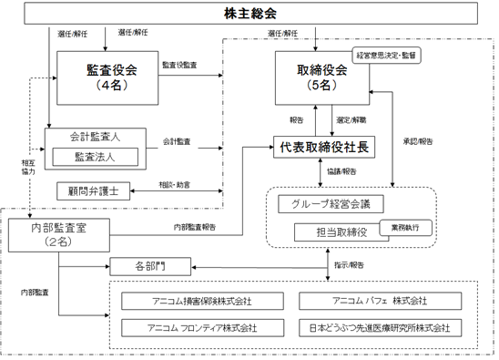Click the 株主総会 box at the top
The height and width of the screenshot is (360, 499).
(250, 14)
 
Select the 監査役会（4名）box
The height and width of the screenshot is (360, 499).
(107, 77)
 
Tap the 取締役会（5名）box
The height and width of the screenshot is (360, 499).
(322, 77)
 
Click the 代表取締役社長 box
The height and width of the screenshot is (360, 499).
(324, 147)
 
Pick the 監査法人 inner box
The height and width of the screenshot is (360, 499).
(95, 157)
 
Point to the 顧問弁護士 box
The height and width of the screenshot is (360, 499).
(93, 191)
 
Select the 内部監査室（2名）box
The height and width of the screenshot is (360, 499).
(59, 235)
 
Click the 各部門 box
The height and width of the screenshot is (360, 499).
(150, 266)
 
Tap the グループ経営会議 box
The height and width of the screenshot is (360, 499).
(331, 204)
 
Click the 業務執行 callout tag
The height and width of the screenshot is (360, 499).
(406, 228)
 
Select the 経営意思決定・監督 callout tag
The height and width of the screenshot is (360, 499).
(386, 56)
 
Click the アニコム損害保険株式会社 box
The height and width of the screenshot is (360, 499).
(202, 301)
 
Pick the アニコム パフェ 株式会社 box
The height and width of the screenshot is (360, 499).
(380, 301)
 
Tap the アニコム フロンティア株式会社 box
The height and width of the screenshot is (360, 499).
(202, 328)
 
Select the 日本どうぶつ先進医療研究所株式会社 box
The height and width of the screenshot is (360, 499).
(380, 328)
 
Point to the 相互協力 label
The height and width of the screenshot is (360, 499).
(28, 168)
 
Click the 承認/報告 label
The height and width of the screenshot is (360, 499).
(418, 142)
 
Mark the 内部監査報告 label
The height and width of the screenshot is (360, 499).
(195, 227)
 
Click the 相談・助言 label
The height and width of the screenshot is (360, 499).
(175, 185)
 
